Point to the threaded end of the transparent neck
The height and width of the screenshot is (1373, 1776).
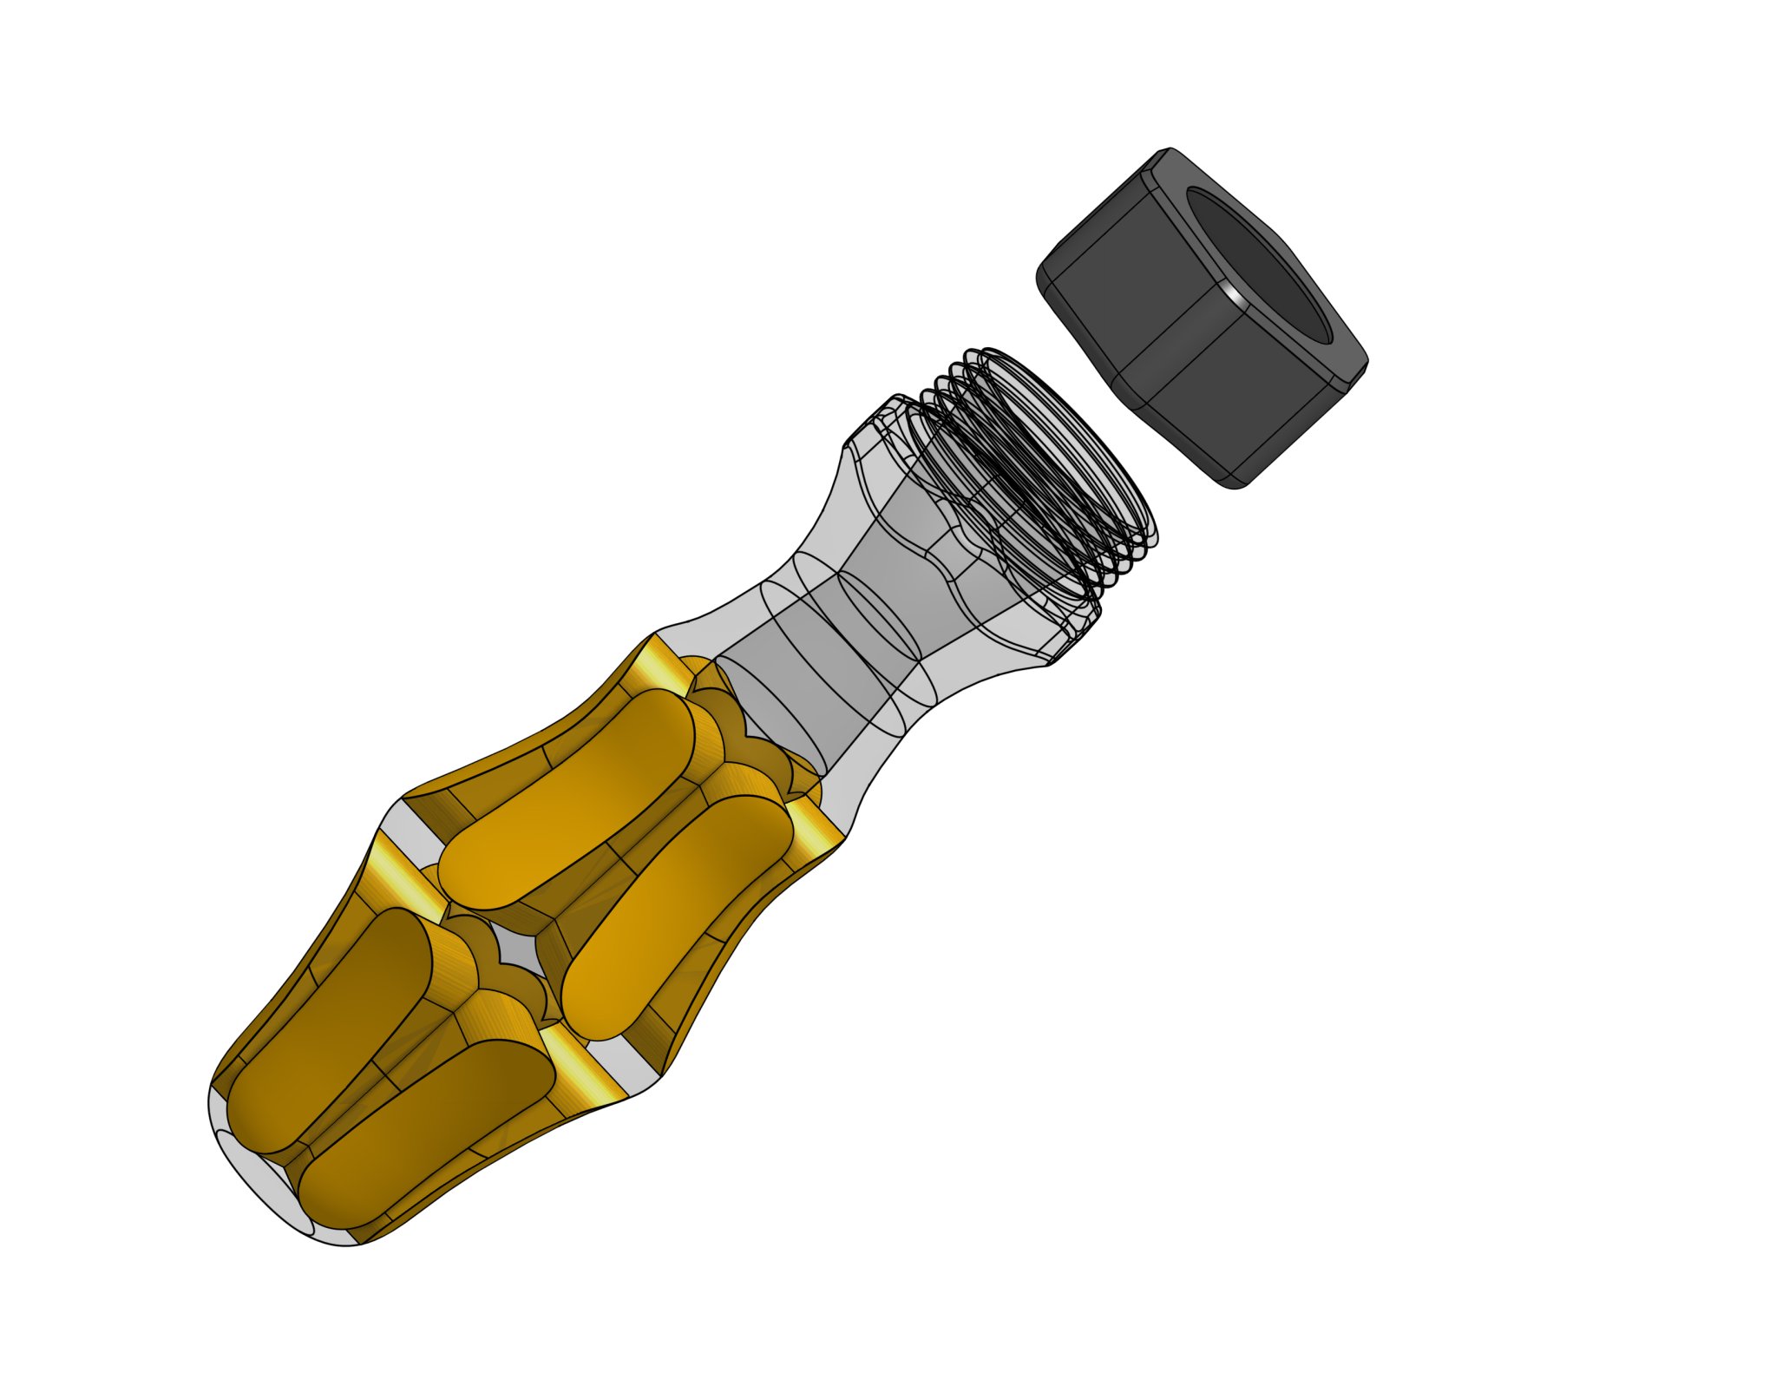point(1041,469)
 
